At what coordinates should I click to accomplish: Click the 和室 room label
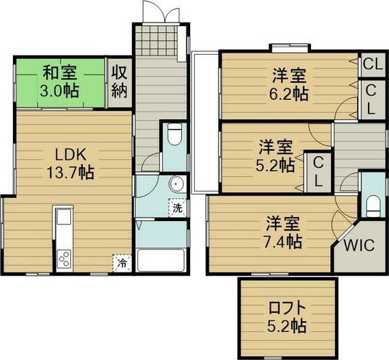[61, 71]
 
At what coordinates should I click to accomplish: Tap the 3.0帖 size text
[61, 90]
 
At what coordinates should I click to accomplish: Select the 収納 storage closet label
[120, 81]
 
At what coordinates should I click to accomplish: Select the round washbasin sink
[177, 184]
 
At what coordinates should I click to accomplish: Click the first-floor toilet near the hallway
[174, 135]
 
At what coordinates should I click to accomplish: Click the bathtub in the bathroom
[163, 261]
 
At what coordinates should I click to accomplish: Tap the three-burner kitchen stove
[64, 259]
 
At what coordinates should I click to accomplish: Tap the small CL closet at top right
[373, 65]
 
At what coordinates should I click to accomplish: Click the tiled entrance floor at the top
[159, 41]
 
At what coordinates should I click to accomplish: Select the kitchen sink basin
[64, 219]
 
